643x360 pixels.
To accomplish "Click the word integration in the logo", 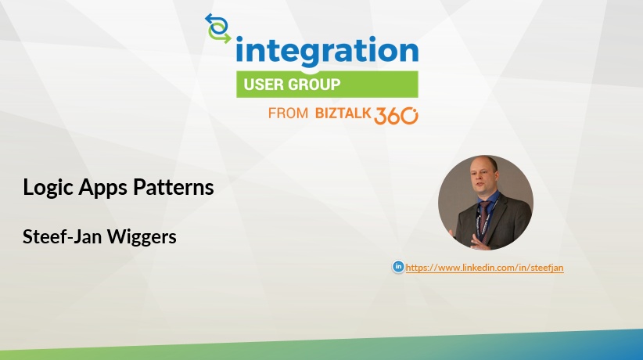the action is pyautogui.click(x=327, y=52).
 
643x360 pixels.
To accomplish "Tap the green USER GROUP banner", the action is pyautogui.click(x=327, y=85).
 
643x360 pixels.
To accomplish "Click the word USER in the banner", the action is pyautogui.click(x=264, y=85).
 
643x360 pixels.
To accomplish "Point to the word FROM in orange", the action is pyautogui.click(x=288, y=113).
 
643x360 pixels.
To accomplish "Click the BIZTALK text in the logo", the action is pyautogui.click(x=343, y=113).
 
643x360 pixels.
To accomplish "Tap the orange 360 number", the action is pyautogui.click(x=396, y=116).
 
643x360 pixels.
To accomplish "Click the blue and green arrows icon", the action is pyautogui.click(x=217, y=28).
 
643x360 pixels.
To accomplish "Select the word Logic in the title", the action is pyautogui.click(x=48, y=188).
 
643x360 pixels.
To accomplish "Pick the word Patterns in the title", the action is pyautogui.click(x=174, y=187).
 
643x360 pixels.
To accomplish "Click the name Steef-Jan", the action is pyautogui.click(x=62, y=236).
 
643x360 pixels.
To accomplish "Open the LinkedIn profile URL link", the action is pyautogui.click(x=484, y=268).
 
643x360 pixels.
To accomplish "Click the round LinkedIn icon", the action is pyautogui.click(x=398, y=267).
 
